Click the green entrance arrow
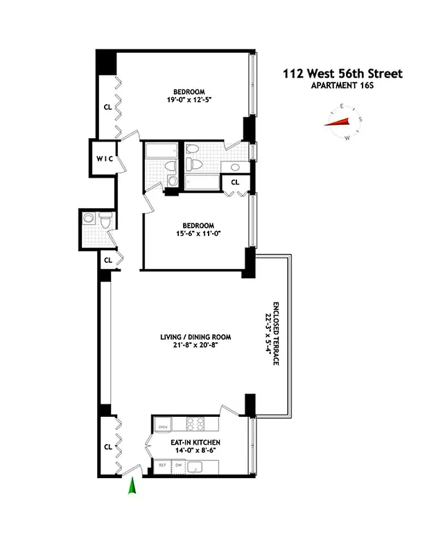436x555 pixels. pyautogui.click(x=131, y=490)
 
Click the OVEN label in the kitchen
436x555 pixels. pyautogui.click(x=164, y=427)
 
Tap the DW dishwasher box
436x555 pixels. pyautogui.click(x=178, y=466)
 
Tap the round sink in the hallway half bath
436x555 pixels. pyautogui.click(x=88, y=218)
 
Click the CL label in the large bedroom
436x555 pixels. pyautogui.click(x=107, y=108)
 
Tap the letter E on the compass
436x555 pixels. pyautogui.click(x=342, y=106)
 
